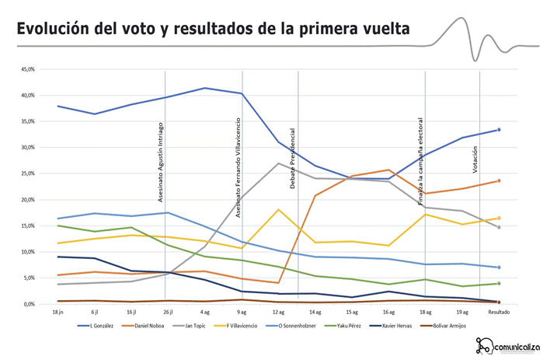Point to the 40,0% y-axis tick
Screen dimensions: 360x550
27,96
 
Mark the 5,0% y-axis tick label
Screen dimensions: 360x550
29,278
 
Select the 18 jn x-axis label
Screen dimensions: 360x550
58,311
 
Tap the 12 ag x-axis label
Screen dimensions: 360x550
278,311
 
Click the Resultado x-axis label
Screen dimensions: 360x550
498,311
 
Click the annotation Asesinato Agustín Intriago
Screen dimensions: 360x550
160,151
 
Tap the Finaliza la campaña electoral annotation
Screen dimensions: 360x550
420,166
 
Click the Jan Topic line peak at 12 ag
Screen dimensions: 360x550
279,163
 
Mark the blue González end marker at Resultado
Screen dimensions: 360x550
499,130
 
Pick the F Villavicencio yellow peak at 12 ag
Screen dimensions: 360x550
279,209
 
